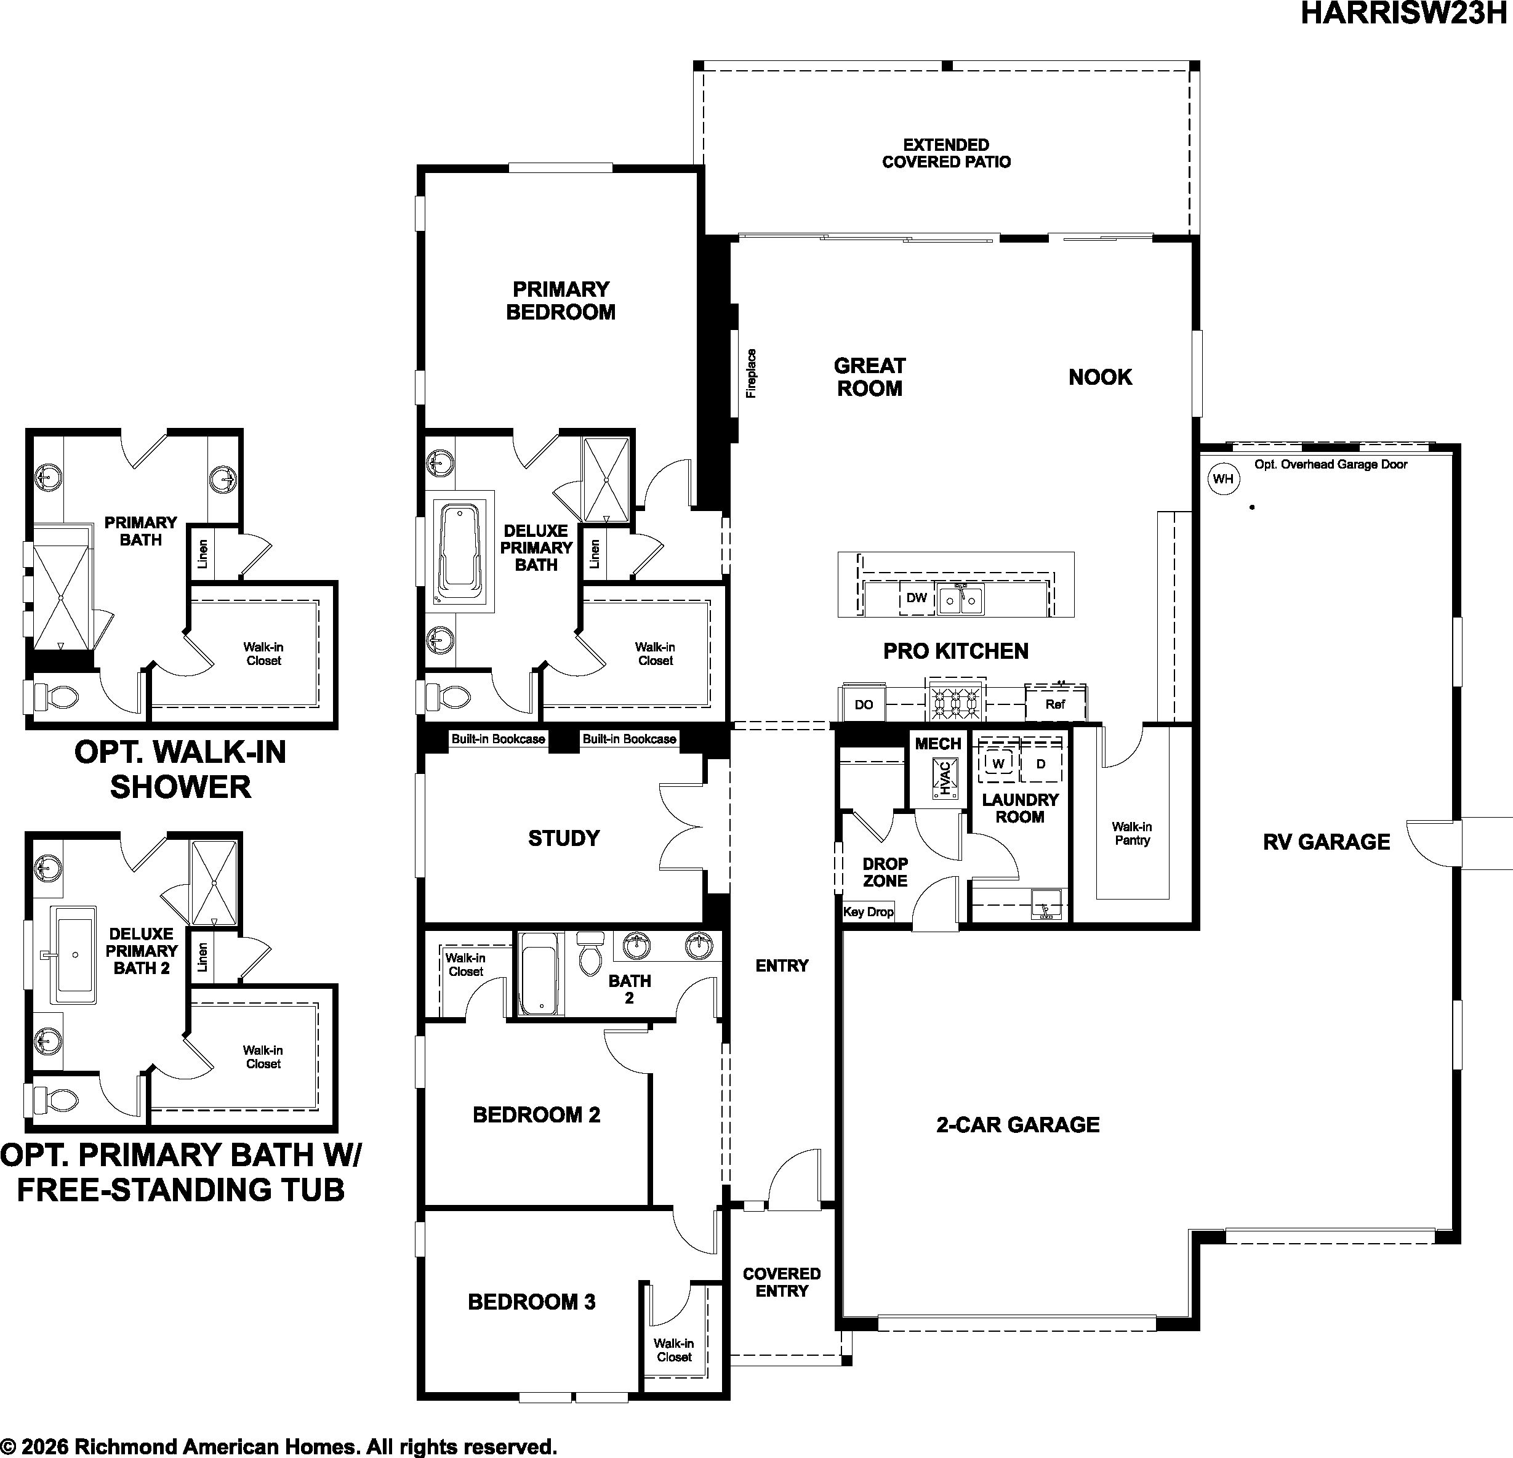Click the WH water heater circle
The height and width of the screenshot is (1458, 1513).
tap(1222, 479)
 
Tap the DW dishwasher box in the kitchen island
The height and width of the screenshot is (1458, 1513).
tap(917, 598)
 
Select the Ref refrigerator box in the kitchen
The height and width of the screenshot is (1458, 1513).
tap(1055, 704)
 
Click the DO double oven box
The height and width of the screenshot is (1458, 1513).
tap(864, 704)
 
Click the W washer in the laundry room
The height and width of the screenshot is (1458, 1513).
tap(999, 763)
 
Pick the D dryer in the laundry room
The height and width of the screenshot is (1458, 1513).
tap(1041, 763)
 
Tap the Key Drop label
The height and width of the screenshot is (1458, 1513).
tap(869, 912)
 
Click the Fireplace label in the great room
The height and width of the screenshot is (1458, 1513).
tap(751, 374)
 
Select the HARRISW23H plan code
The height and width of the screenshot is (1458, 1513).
tap(1403, 14)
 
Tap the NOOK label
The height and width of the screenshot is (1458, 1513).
tap(1100, 377)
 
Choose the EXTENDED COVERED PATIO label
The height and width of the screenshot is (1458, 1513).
tap(947, 153)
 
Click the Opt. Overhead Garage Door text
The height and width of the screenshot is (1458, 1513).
tap(1331, 464)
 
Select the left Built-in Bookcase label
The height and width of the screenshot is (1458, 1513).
tap(498, 739)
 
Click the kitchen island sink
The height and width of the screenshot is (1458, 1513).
tap(961, 599)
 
